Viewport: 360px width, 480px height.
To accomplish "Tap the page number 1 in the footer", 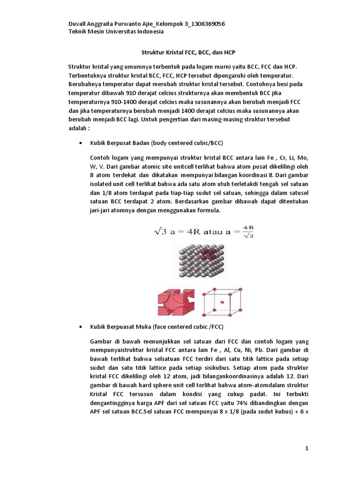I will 307,448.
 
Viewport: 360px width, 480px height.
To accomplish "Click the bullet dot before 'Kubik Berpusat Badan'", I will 82,143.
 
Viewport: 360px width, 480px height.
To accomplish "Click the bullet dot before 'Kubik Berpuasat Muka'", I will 82,326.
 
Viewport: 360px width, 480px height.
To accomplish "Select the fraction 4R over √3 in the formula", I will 248,232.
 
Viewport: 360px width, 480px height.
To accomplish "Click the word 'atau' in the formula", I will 214,232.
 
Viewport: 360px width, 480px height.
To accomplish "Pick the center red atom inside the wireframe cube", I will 222,302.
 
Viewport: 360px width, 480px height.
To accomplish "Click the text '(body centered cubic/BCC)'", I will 190,143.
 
